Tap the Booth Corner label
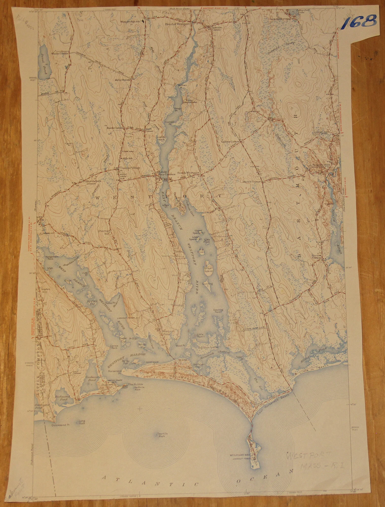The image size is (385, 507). [x=115, y=128]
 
